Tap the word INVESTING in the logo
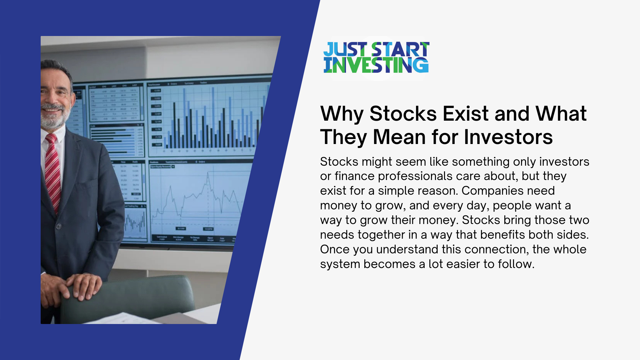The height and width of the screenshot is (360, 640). pyautogui.click(x=376, y=65)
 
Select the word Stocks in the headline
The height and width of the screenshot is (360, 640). pyautogui.click(x=403, y=114)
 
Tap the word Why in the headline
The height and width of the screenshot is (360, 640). pyautogui.click(x=341, y=114)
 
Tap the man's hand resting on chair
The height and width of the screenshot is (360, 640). pyautogui.click(x=83, y=285)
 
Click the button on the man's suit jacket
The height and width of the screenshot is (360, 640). pyautogui.click(x=59, y=226)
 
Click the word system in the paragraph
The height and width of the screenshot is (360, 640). pyautogui.click(x=340, y=264)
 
